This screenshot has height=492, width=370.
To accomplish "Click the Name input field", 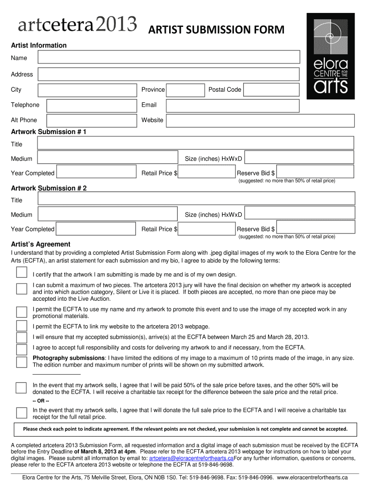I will (168, 58).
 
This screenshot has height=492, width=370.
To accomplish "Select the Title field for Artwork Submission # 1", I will (195, 143).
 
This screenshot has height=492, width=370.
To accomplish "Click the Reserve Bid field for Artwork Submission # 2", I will (315, 228).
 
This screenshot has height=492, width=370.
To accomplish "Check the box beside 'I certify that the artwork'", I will (22, 273).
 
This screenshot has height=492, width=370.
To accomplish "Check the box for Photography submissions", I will (22, 362).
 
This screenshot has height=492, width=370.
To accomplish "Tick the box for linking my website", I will (22, 326).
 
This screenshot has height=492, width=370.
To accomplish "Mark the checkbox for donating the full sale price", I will (22, 413).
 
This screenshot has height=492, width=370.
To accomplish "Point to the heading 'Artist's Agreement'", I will (41, 244).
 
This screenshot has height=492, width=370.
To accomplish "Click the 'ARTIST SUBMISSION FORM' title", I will (216, 31).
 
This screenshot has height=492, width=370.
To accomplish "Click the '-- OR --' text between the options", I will (41, 401).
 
